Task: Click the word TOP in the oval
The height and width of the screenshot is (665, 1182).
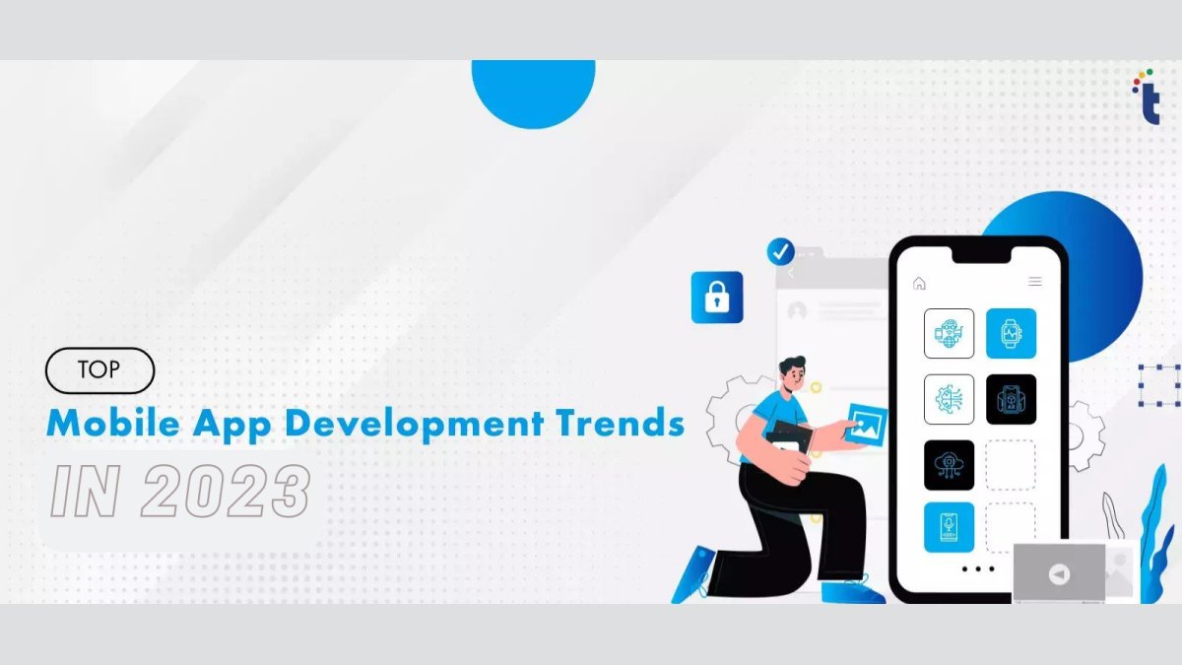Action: tap(99, 370)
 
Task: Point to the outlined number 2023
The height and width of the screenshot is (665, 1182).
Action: tap(226, 492)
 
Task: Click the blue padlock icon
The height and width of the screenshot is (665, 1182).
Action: tap(717, 297)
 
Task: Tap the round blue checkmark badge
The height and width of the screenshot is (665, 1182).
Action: tap(781, 251)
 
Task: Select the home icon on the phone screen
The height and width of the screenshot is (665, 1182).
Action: tap(919, 283)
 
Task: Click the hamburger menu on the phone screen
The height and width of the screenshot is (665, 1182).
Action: tap(1034, 282)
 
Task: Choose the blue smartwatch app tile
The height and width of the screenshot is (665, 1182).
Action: tap(1011, 333)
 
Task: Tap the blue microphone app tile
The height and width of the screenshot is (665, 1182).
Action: tap(949, 527)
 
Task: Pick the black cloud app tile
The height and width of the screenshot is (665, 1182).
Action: tap(949, 464)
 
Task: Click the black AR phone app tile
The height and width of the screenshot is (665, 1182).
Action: tap(1011, 399)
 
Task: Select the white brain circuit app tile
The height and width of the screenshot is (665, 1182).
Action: tap(949, 399)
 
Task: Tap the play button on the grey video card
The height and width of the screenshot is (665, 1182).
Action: tap(1058, 574)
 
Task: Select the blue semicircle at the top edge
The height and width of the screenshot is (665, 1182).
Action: tap(533, 91)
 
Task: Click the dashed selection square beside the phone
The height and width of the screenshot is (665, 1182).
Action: tap(1159, 385)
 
